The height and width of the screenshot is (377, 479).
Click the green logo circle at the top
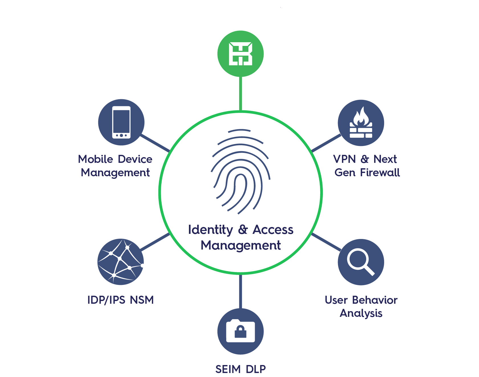point(240,54)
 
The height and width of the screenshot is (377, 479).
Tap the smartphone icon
point(121,122)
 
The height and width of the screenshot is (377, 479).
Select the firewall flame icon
point(361,123)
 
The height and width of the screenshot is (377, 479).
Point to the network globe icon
point(121,262)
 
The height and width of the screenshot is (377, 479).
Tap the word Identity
point(211,230)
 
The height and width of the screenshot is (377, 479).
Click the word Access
point(273,230)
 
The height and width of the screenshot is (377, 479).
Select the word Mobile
point(95,159)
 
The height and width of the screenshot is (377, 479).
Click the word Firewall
point(380,173)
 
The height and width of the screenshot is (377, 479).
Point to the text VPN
point(345,159)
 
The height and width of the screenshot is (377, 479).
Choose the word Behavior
point(375,300)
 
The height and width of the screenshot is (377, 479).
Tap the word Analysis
point(361,313)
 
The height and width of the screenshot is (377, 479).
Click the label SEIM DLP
point(240,369)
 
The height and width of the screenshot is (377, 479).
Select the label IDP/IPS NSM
point(121,300)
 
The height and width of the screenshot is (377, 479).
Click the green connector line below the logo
point(241,94)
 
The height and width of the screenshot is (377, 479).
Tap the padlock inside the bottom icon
point(240,332)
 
